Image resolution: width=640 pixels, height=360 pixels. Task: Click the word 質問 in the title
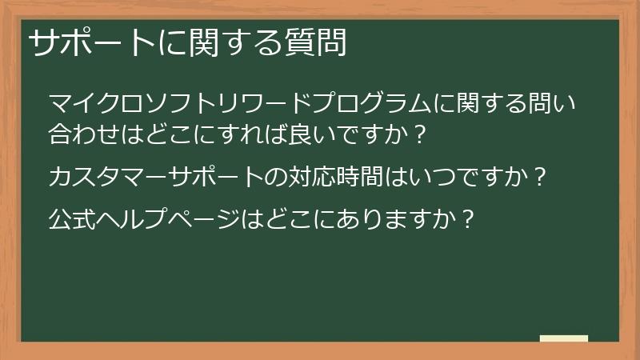314,42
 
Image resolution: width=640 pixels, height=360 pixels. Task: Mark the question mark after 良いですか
419,134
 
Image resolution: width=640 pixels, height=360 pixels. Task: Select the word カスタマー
108,177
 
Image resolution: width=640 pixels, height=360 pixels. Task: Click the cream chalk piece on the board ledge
564,338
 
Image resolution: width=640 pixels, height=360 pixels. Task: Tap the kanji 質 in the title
299,42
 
